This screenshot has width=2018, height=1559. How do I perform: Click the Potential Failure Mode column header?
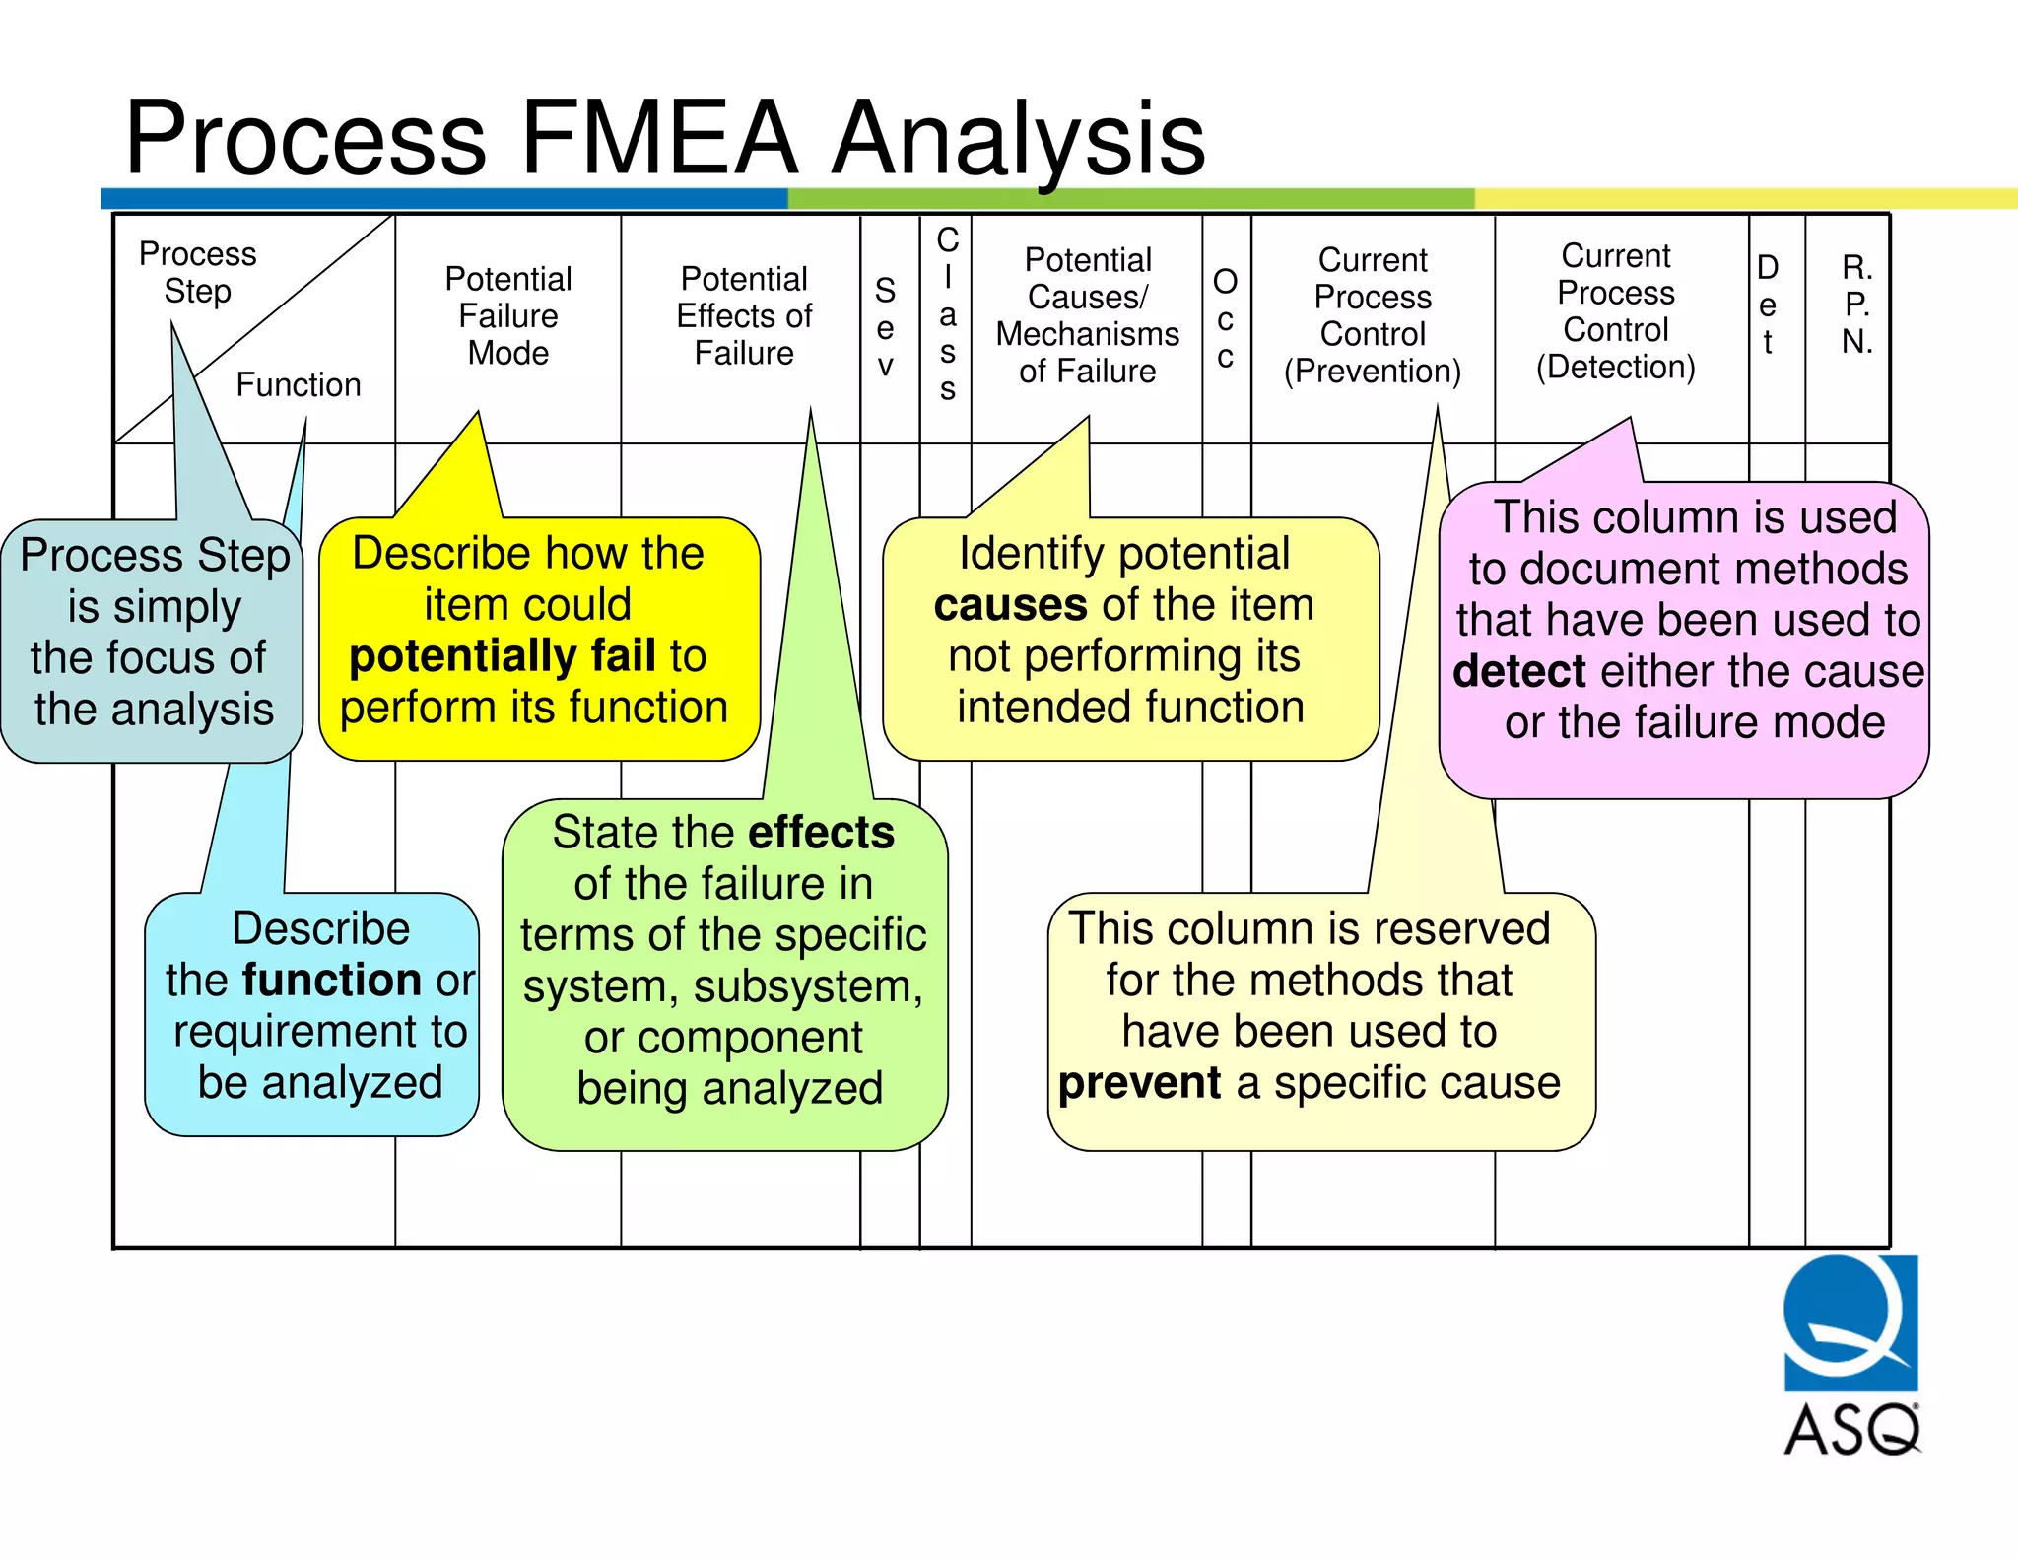[x=508, y=315]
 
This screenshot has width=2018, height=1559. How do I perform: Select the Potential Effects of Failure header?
[x=744, y=315]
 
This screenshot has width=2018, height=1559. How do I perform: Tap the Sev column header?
[x=885, y=327]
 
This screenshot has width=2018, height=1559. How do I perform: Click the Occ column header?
[x=1225, y=318]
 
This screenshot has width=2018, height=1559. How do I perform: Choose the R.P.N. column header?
[x=1856, y=304]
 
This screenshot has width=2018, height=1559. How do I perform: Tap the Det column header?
[x=1768, y=304]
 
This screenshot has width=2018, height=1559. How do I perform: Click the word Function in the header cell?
[x=299, y=384]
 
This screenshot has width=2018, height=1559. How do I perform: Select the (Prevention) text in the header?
[x=1373, y=372]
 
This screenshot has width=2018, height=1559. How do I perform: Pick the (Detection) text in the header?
[x=1616, y=368]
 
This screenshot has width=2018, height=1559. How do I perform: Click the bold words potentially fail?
[x=503, y=656]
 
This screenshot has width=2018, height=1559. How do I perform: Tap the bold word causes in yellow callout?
[x=1010, y=605]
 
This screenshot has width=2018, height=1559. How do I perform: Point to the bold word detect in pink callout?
[x=1518, y=672]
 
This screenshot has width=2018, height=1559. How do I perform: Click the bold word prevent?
[x=1139, y=1083]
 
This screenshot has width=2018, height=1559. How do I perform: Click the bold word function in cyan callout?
[x=332, y=981]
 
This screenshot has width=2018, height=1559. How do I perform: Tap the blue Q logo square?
[x=1850, y=1322]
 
